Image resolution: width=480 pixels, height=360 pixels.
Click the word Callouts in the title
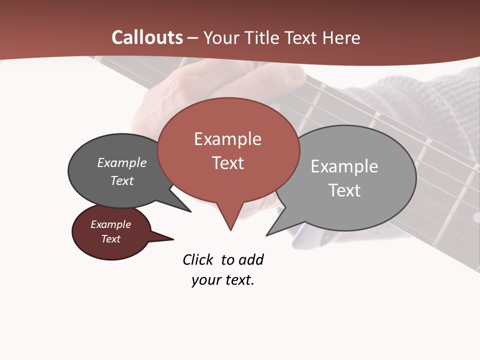tap(147, 37)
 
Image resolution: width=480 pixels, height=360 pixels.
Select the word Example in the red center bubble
tap(227, 139)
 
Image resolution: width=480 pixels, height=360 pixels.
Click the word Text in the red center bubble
tap(227, 163)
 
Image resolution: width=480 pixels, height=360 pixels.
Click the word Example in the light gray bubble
tap(344, 166)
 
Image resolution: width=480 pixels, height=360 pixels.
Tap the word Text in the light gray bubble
tap(344, 190)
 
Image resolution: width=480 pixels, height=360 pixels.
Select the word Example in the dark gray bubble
tap(121, 163)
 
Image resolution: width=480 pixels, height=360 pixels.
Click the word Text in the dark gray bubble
tap(121, 180)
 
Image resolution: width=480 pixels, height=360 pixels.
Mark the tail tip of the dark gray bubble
tap(190, 211)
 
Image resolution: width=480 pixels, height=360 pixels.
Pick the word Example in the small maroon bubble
tap(110, 224)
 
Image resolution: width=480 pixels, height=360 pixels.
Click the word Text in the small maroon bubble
tap(110, 239)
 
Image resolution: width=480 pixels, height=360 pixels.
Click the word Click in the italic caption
tap(197, 259)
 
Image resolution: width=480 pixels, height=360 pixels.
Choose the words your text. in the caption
tap(222, 280)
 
